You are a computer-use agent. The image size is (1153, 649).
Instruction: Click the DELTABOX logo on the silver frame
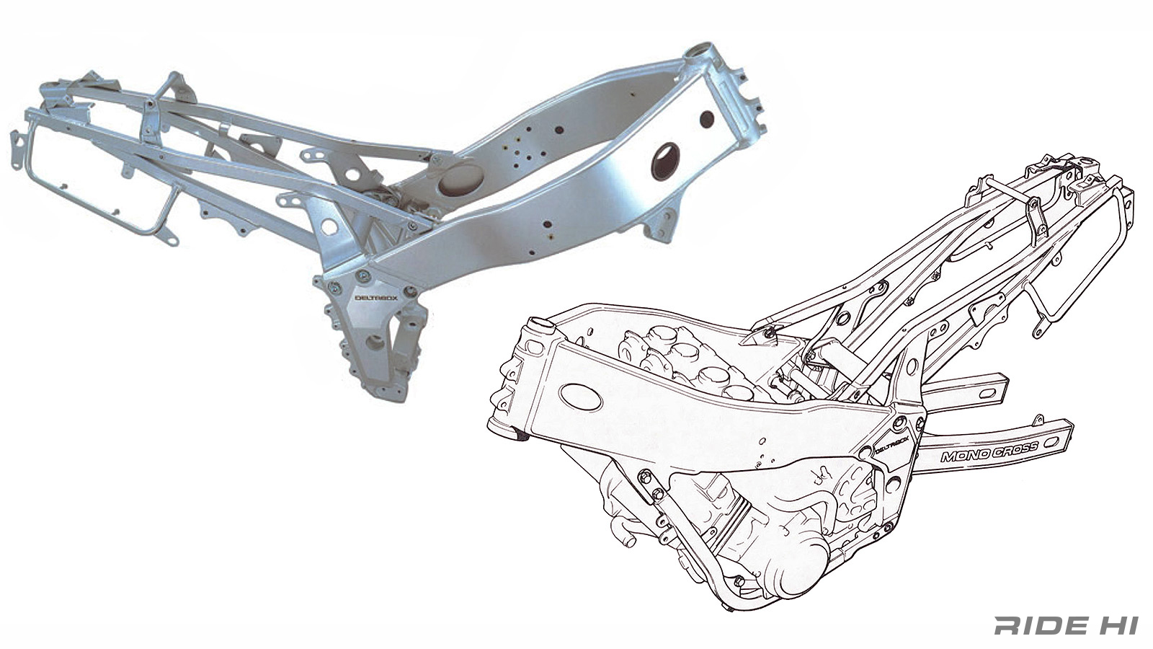(x=376, y=298)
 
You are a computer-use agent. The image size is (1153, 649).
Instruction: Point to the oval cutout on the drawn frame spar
(x=581, y=397)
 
